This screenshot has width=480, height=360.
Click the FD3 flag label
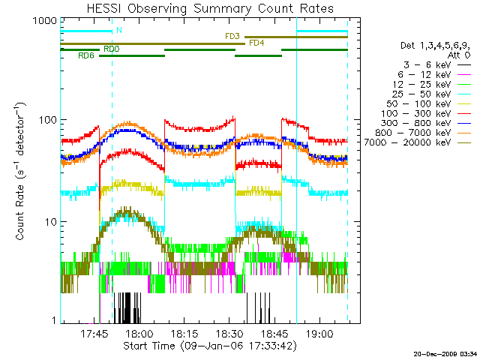pyautogui.click(x=232, y=36)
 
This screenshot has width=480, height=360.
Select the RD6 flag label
pyautogui.click(x=86, y=56)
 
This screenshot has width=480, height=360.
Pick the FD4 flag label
pyautogui.click(x=256, y=43)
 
